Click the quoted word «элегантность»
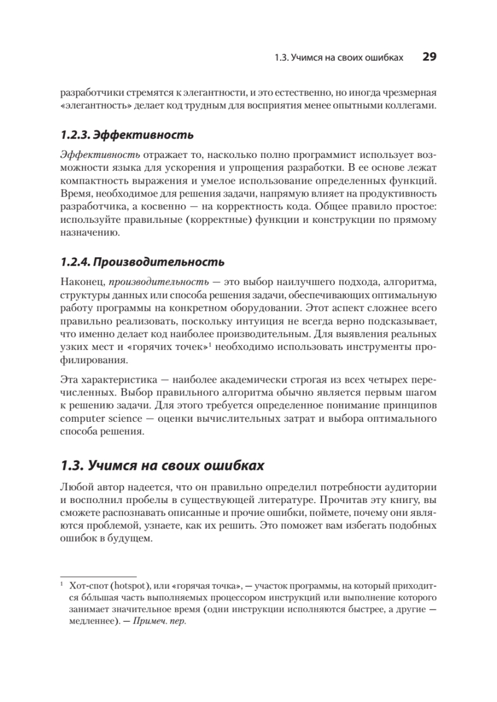coord(92,106)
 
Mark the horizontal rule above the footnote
coord(98,576)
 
